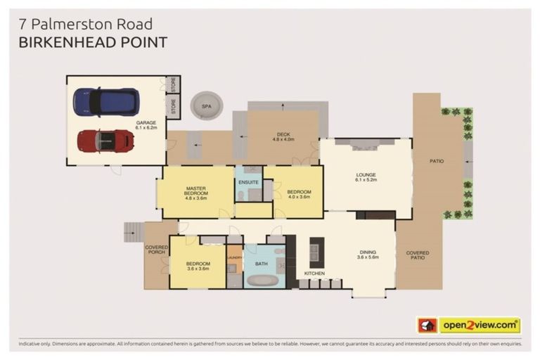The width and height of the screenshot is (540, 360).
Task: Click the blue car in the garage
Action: pos(105,102)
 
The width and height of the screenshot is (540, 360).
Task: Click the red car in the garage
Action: pos(105,141)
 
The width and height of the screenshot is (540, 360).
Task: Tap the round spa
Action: pos(207,107)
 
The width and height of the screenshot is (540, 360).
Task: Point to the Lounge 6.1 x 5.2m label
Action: pos(366,177)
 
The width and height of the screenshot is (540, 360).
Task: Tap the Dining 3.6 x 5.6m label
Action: pos(368,255)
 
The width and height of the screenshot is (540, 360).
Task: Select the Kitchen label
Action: pos(314,274)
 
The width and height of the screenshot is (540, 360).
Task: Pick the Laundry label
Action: pos(234,258)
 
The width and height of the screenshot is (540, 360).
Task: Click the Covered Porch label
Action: pos(156,250)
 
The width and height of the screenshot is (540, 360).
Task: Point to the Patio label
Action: pos(437,162)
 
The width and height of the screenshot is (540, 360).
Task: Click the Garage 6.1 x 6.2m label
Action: pos(146,125)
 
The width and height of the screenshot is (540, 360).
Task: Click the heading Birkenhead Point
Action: pos(93,42)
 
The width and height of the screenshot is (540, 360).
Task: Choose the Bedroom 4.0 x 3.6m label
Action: pos(295,193)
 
